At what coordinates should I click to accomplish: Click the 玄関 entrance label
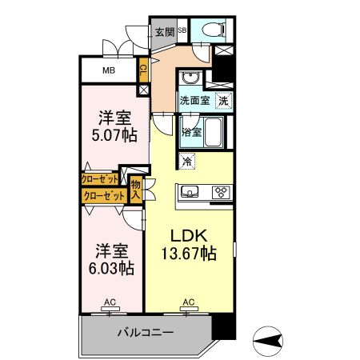click(164, 32)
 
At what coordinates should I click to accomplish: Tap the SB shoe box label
click(182, 31)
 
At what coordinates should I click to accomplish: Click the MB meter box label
click(107, 70)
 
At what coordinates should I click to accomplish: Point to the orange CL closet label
click(143, 70)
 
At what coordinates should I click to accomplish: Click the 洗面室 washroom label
click(194, 102)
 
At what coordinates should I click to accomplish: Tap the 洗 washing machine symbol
click(225, 102)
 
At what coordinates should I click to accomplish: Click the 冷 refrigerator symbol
click(187, 162)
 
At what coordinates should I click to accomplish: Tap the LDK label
click(188, 235)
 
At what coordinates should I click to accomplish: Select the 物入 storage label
click(136, 189)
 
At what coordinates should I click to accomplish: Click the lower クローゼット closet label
click(103, 195)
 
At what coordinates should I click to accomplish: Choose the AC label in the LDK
click(189, 302)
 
